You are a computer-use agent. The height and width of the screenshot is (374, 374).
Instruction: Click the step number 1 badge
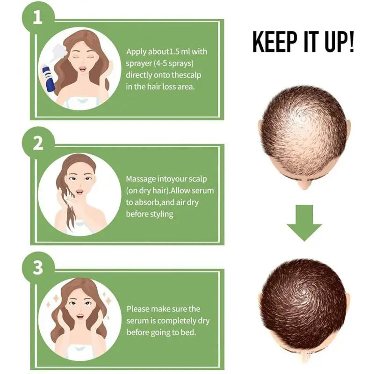pyautogui.click(x=38, y=17)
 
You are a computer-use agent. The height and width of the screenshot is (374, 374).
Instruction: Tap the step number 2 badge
pyautogui.click(x=38, y=143)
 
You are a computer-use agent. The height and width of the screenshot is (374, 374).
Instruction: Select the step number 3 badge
pyautogui.click(x=38, y=267)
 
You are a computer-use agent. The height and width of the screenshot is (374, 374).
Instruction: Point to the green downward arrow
pyautogui.click(x=304, y=223)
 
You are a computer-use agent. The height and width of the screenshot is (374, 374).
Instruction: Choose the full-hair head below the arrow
pyautogui.click(x=304, y=308)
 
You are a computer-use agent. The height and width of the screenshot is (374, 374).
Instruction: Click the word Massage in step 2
pyautogui.click(x=141, y=179)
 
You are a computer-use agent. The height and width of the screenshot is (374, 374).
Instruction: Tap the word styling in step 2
pyautogui.click(x=161, y=214)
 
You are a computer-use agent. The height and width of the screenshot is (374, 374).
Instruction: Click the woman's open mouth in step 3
pyautogui.click(x=80, y=316)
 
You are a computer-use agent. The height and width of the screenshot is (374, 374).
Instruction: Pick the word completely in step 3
pyautogui.click(x=177, y=321)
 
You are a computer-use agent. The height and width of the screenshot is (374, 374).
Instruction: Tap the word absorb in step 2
pyautogui.click(x=147, y=202)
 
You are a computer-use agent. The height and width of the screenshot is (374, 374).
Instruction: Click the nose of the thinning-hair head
pyautogui.click(x=304, y=184)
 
